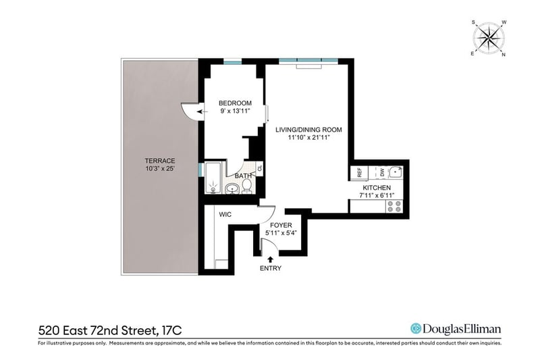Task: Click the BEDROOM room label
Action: click(x=235, y=103)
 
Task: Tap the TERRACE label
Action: click(x=160, y=161)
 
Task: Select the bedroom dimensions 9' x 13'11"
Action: click(x=235, y=111)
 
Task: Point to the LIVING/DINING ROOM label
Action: click(x=308, y=130)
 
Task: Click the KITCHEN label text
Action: click(x=377, y=188)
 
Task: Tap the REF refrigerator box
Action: click(x=359, y=173)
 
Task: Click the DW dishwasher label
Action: click(x=382, y=173)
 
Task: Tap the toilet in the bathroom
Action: click(x=246, y=186)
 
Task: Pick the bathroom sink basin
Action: click(x=232, y=188)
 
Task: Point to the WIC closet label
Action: click(x=225, y=215)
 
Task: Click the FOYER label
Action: click(x=281, y=226)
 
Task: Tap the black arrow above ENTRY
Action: click(x=271, y=259)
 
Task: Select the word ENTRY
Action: click(x=271, y=268)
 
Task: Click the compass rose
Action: click(x=489, y=38)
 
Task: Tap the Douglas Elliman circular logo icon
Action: click(x=416, y=329)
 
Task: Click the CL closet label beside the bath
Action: click(x=260, y=168)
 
